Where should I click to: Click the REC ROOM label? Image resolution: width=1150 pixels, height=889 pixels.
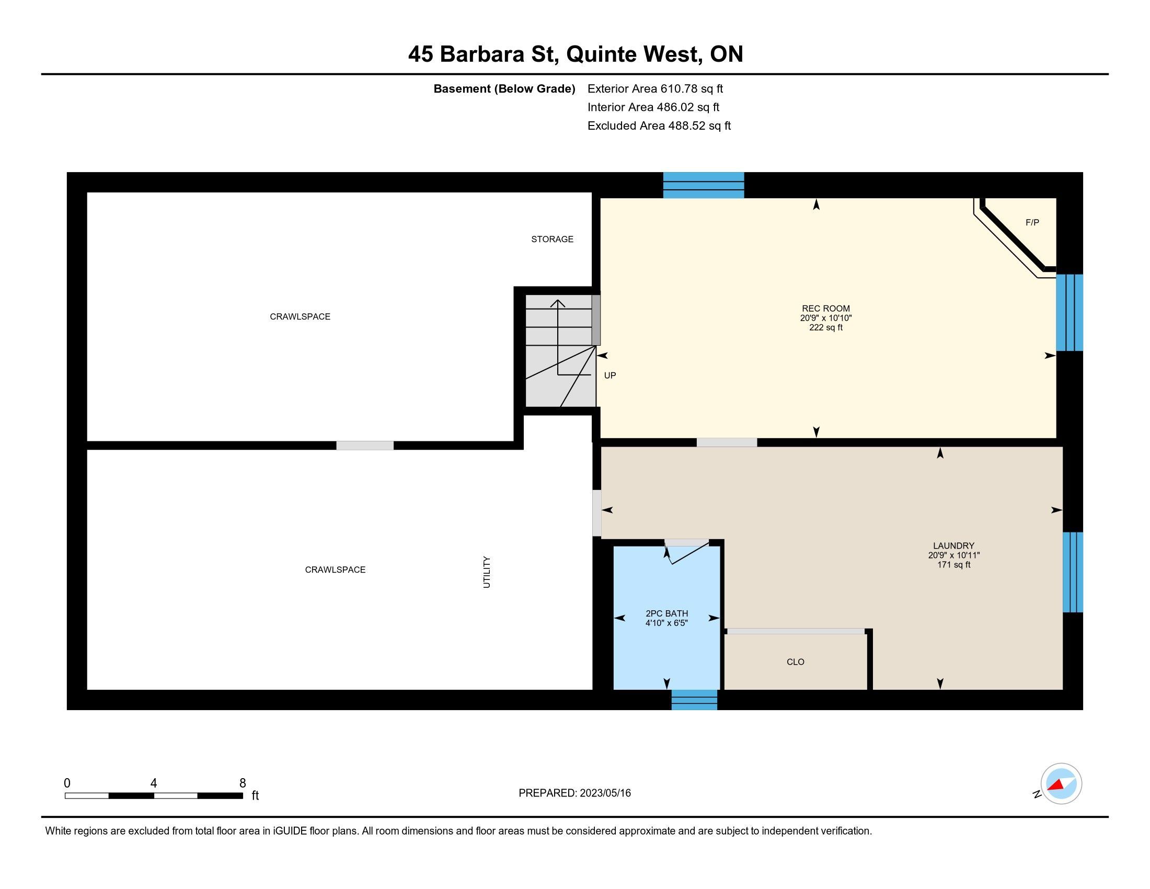click(x=825, y=309)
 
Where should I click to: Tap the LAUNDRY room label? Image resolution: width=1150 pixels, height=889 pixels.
click(x=953, y=546)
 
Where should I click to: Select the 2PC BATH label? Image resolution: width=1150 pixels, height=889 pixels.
click(x=666, y=613)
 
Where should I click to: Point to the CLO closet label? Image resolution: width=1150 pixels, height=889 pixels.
click(x=795, y=662)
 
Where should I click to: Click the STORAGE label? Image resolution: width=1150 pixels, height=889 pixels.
click(x=552, y=239)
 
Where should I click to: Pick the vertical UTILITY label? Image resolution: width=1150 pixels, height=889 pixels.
click(x=487, y=572)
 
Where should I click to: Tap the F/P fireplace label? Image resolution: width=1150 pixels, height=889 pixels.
click(x=1032, y=223)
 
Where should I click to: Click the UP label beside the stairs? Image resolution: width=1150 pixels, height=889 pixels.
click(x=609, y=375)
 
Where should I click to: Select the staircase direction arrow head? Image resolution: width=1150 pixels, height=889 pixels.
click(x=558, y=303)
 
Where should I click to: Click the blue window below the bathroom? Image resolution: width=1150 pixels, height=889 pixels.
click(x=694, y=700)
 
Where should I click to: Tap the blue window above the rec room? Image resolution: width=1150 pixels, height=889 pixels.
click(x=703, y=185)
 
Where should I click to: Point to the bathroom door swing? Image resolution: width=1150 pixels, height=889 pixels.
click(x=687, y=553)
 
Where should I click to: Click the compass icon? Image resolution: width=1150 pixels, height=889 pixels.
click(x=1061, y=784)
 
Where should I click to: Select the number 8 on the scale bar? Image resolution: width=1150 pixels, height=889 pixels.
click(x=242, y=783)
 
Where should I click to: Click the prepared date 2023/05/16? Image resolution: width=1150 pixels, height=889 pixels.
click(x=605, y=793)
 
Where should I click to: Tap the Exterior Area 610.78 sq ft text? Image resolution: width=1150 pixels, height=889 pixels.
click(x=655, y=88)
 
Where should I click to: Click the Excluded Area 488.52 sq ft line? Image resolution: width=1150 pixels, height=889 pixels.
click(x=659, y=126)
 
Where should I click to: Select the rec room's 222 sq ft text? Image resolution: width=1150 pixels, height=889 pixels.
click(x=825, y=327)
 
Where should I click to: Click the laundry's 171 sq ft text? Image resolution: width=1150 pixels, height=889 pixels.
click(x=953, y=565)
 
